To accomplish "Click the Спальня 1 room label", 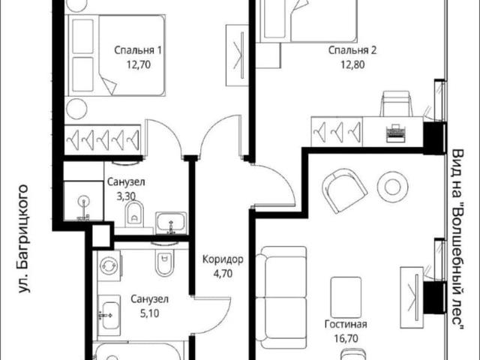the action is (137, 50).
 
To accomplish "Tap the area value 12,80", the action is (352, 65).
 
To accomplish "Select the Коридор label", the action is (223, 259).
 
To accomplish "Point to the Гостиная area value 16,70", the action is (346, 338).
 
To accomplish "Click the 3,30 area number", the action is (126, 196).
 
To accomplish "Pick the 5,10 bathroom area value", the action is (149, 313).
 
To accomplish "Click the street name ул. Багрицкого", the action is (25, 238).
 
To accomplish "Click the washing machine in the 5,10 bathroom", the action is (109, 265).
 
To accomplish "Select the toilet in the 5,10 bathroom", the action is (165, 260).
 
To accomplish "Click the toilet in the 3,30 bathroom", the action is (134, 213).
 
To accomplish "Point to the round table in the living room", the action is (393, 187).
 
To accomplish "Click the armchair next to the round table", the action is (344, 190).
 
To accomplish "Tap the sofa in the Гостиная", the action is (281, 298).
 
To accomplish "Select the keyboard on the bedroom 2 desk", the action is (396, 133).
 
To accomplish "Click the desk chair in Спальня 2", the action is (396, 103).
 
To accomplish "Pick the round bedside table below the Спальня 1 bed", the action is (77, 109).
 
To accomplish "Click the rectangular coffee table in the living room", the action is (346, 298).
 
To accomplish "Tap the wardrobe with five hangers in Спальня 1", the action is (103, 139).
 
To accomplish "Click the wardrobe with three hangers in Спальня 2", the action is (337, 132).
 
